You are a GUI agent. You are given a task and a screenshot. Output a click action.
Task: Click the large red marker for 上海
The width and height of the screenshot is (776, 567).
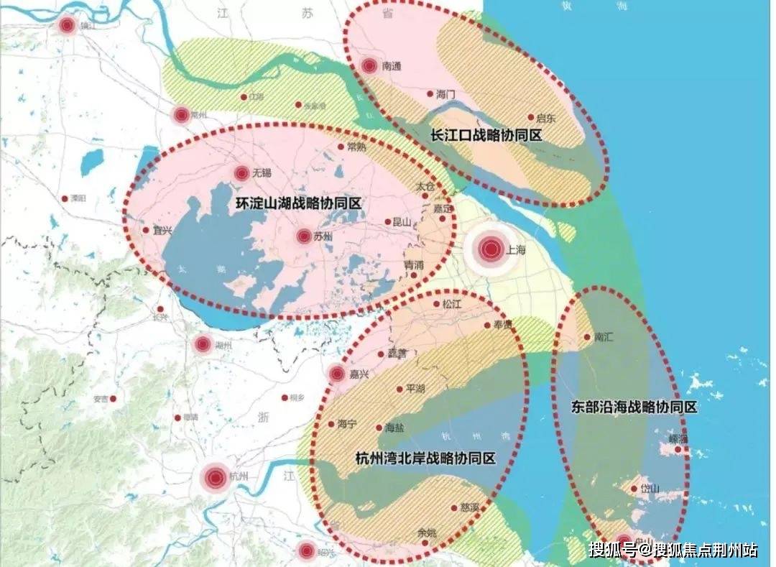tap(491, 249)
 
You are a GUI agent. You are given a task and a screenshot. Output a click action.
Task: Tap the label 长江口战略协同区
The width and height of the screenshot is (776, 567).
tap(486, 135)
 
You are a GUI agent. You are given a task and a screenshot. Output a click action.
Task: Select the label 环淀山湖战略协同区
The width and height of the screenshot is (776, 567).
tap(298, 203)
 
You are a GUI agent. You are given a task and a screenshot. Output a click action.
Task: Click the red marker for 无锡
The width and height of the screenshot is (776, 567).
tap(241, 173)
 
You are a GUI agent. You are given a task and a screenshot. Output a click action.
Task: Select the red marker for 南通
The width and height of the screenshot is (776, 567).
tap(369, 66)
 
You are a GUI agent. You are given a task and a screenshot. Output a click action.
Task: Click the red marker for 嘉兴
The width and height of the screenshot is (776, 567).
tap(336, 374)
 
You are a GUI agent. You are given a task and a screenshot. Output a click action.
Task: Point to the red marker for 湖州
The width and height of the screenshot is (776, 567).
tap(203, 345)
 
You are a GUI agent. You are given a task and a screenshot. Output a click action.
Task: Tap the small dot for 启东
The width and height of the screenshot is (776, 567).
tap(531, 117)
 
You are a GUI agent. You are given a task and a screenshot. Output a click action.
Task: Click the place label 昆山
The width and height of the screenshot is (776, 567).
tap(403, 222)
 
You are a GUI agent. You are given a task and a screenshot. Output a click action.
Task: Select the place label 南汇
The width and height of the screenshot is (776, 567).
tap(604, 336)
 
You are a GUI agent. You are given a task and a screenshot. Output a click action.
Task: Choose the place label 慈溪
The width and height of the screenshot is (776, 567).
tap(470, 507)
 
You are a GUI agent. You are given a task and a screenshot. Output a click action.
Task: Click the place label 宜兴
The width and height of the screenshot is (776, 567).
tap(163, 231)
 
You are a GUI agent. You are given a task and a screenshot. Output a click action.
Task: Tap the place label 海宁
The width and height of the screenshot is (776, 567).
tap(347, 424)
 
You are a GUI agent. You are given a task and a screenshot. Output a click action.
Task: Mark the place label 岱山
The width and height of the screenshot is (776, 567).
tap(650, 489)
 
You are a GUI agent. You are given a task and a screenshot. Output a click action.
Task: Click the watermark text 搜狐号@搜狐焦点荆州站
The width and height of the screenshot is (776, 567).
tap(673, 550)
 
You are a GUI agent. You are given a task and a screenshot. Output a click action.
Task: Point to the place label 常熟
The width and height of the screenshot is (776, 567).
tap(356, 146)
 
